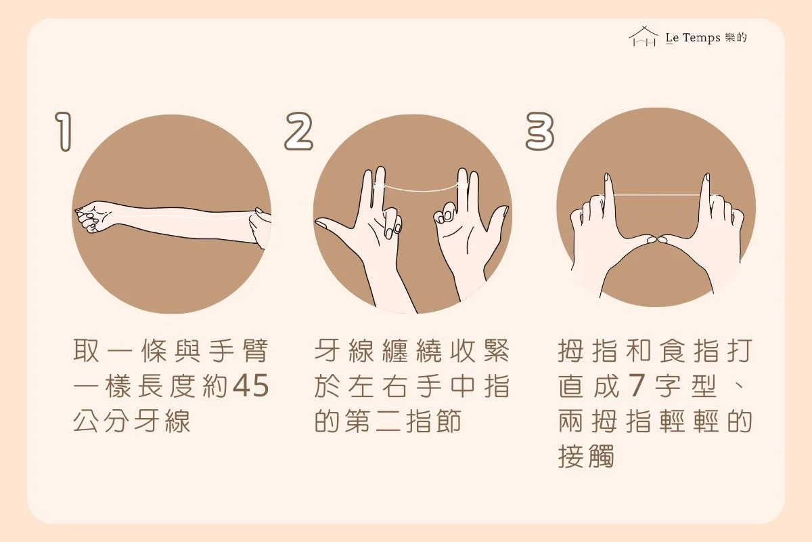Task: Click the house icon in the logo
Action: [644, 37]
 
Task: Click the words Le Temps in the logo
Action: [693, 38]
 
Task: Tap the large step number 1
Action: [64, 131]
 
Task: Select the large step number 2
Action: [298, 131]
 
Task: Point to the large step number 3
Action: [540, 131]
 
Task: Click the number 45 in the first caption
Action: [251, 386]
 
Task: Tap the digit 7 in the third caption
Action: [637, 385]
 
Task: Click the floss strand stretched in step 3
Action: [657, 195]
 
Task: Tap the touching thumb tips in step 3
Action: [657, 240]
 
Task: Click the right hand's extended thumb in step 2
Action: [499, 218]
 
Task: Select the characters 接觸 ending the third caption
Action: [586, 456]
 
